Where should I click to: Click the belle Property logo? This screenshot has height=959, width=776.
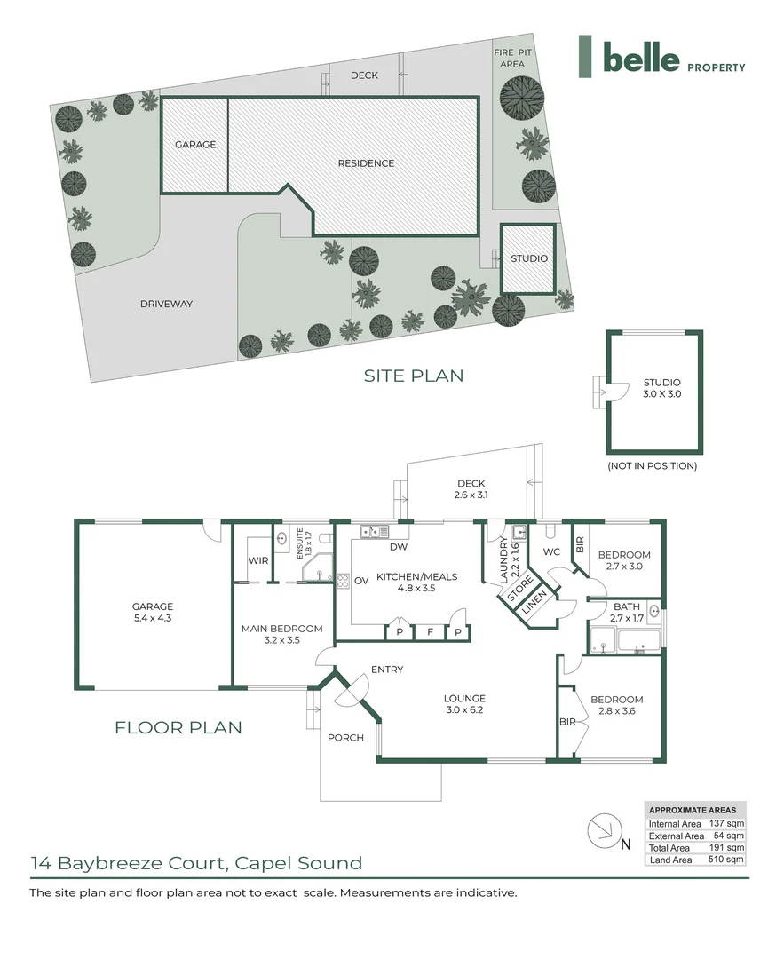(662, 57)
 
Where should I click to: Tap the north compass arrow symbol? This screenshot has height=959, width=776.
(606, 830)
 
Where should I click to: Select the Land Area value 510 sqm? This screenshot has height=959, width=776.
(726, 860)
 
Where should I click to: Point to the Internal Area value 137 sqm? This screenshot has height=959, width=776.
(726, 824)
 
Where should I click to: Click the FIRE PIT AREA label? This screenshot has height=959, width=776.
(512, 58)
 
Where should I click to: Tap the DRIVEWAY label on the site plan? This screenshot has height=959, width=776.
(166, 304)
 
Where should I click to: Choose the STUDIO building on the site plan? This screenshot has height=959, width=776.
(528, 258)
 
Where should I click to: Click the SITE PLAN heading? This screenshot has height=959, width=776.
(414, 376)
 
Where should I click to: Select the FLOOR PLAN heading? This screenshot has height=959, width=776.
(178, 727)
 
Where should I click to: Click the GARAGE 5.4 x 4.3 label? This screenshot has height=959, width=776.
(152, 612)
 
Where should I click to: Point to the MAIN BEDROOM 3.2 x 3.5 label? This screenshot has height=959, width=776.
(282, 634)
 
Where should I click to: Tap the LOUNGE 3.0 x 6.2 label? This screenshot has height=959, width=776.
(464, 704)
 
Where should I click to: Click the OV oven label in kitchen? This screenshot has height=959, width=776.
(361, 581)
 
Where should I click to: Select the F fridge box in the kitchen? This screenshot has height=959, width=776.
(430, 632)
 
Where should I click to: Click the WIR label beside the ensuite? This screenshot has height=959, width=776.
(258, 560)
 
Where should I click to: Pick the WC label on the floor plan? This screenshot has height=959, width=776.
(551, 551)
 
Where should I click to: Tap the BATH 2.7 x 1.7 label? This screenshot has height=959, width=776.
(627, 612)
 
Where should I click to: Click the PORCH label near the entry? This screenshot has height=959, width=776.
(345, 738)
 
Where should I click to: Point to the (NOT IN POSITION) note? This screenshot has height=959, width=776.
(652, 466)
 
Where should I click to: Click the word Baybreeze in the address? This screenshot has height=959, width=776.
(111, 864)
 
